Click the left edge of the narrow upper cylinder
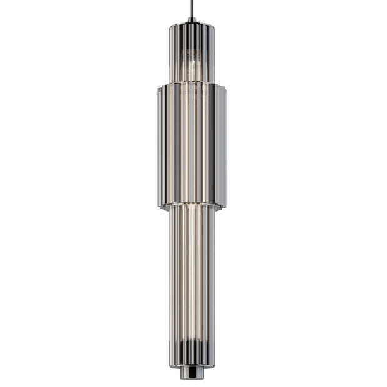170,53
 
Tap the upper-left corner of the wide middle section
159,86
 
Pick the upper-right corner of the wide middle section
225,86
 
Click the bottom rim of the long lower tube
192,366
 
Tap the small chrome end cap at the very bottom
192,373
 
